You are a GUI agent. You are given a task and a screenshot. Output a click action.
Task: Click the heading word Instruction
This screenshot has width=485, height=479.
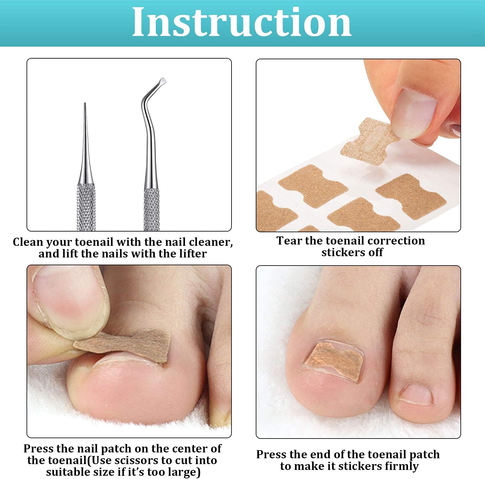[242, 22]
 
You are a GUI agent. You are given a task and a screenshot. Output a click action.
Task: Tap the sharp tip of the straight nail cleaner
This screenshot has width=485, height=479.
[85, 104]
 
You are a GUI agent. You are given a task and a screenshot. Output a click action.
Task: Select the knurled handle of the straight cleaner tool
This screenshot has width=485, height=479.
[86, 207]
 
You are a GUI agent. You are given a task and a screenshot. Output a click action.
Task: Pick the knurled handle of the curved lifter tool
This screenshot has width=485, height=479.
[152, 209]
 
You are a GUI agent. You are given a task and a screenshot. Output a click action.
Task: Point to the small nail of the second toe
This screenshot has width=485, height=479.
[415, 394]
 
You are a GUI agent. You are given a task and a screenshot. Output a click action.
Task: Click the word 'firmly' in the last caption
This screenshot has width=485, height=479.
[401, 466]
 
